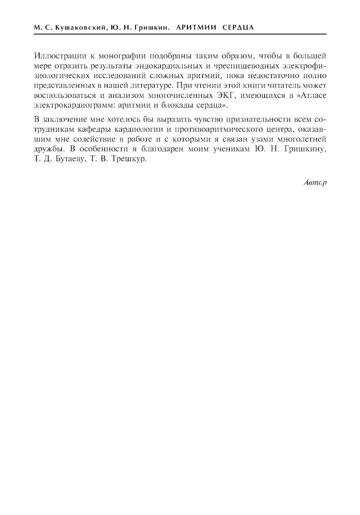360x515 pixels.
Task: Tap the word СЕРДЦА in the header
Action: pyautogui.click(x=238, y=27)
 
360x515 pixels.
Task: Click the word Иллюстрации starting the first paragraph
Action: pyautogui.click(x=57, y=56)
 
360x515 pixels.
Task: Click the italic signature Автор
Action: pyautogui.click(x=315, y=182)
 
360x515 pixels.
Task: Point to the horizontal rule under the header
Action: pyautogui.click(x=180, y=35)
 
